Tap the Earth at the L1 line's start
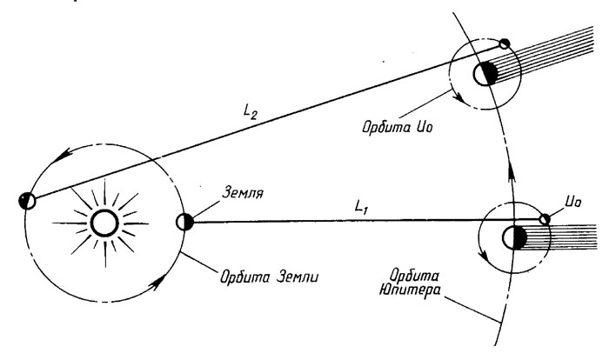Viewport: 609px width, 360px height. click(x=184, y=222)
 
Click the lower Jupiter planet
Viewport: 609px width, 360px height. click(x=514, y=237)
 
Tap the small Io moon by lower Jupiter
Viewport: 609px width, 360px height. click(x=545, y=218)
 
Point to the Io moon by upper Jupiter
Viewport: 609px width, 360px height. click(x=505, y=43)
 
